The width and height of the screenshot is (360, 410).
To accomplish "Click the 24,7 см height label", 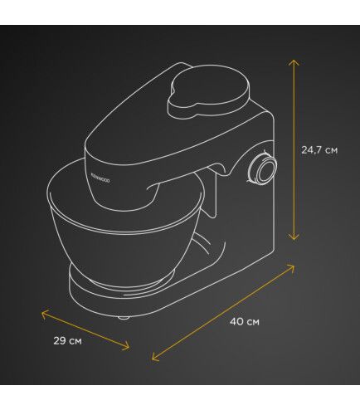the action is tap(319, 150).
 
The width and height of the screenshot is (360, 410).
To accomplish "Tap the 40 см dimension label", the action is tap(245, 321).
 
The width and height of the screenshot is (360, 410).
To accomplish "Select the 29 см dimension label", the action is tap(68, 340).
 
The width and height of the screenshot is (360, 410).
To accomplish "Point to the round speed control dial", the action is tap(264, 169).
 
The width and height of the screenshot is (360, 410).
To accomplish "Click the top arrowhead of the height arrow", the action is tap(294, 62).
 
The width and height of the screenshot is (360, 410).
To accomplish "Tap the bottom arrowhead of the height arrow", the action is tap(294, 236).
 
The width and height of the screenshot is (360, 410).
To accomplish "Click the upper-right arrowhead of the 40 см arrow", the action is tap(290, 268).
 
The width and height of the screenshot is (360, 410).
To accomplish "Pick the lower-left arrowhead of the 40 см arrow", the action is tap(156, 357).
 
